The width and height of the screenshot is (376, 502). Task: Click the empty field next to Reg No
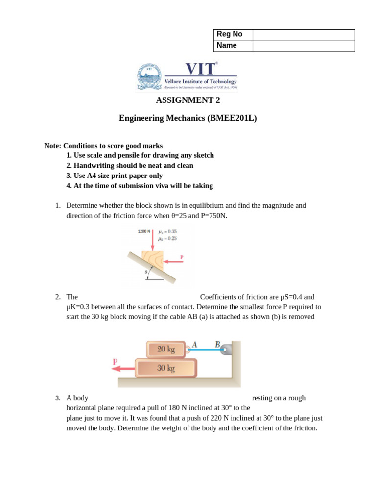tap(304, 35)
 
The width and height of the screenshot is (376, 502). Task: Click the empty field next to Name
tap(304, 46)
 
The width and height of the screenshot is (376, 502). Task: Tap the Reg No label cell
tap(233, 35)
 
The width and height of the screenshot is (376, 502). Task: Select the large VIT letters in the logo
tap(200, 69)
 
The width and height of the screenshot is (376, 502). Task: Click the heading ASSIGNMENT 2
tap(188, 100)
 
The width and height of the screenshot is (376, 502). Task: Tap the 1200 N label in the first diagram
tap(144, 231)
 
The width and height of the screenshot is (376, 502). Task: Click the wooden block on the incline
tap(153, 260)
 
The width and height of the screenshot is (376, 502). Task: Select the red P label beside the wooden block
tap(182, 257)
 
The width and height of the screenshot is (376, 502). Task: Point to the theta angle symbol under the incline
tap(146, 272)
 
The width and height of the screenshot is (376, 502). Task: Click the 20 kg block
tap(166, 350)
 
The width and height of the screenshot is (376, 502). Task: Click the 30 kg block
tap(166, 368)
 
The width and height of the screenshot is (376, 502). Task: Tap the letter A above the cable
tap(194, 345)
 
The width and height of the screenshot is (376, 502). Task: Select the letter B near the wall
tap(217, 345)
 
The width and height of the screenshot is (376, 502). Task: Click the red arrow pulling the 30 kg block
tap(123, 368)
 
